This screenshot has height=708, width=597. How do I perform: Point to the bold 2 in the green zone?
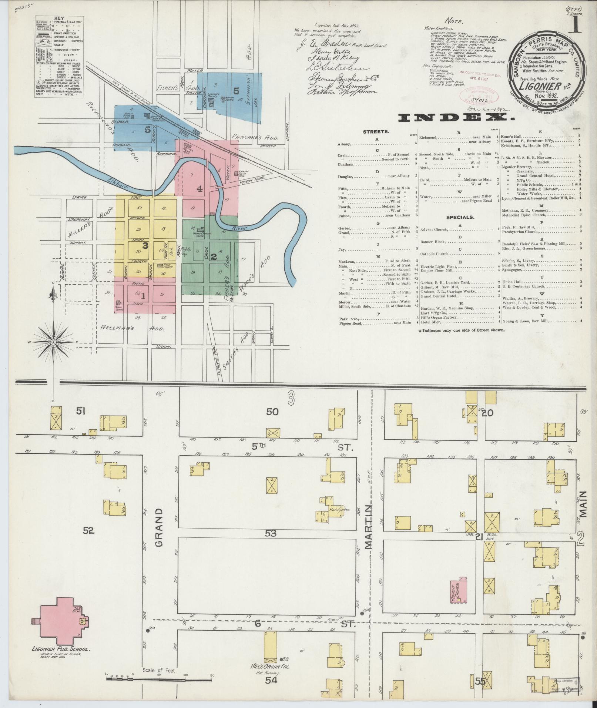pyautogui.click(x=213, y=256)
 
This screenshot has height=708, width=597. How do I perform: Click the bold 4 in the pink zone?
pyautogui.click(x=199, y=189)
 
